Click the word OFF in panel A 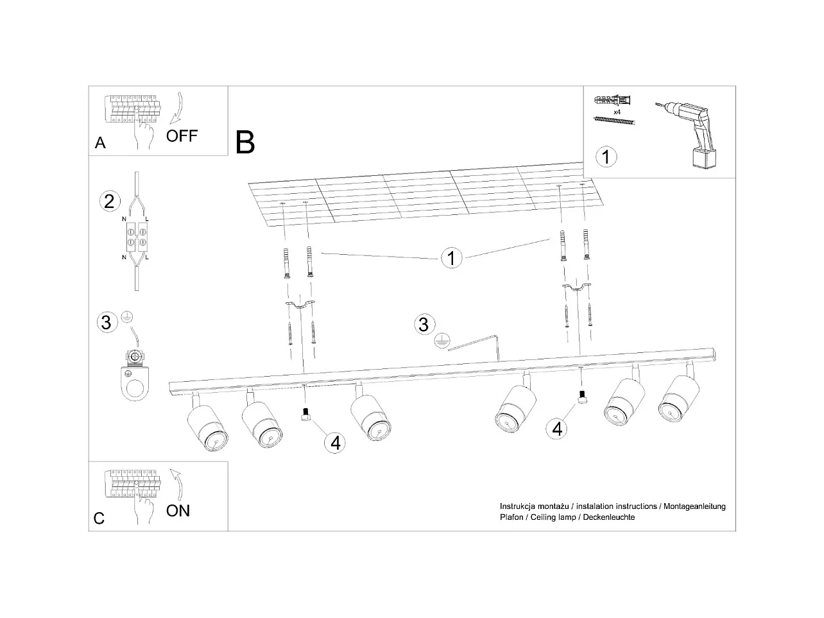pos(182,136)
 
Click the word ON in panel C pos(178,511)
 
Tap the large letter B pos(245,142)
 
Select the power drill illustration pos(688,134)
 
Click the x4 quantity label pos(617,112)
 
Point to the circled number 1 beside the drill pos(606,157)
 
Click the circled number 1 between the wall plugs pos(451,258)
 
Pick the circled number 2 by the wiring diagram pos(110,202)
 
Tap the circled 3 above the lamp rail pos(425,324)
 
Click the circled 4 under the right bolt pos(557,429)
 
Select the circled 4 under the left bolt pos(335,443)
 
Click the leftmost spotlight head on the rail pos(207,427)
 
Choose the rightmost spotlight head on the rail pos(679,397)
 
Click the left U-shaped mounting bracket pos(300,305)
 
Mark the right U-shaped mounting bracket pos(576,288)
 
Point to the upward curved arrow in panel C pos(177,485)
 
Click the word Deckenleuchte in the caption pos(609,517)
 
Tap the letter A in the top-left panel pos(100,143)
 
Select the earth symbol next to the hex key pos(442,341)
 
